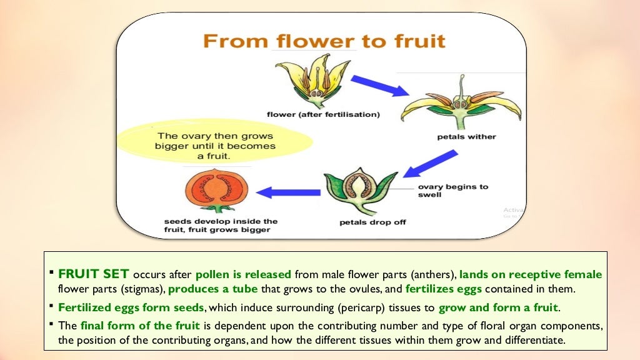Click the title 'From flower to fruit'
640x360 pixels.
point(324,42)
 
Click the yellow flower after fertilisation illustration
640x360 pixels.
point(312,80)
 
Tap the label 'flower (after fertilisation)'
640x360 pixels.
point(322,115)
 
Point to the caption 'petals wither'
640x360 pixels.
point(466,137)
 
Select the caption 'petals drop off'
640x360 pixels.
point(372,222)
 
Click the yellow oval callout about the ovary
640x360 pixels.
point(216,146)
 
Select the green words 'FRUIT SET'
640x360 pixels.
point(94,274)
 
